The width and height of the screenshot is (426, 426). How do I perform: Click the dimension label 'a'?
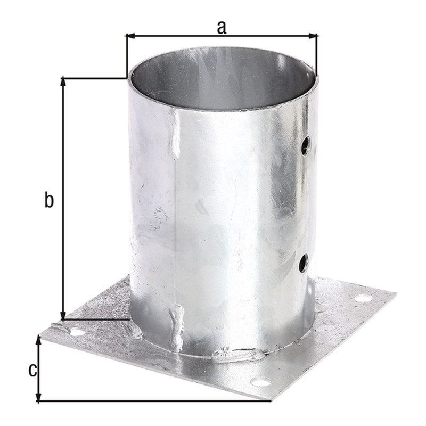coord(222,28)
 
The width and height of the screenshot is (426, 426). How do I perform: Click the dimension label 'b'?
coord(49,200)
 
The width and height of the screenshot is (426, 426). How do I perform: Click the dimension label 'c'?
coord(32,370)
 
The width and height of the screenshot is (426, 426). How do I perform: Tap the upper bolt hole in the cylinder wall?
coord(306,145)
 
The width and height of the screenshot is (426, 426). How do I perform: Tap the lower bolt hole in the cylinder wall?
coord(304,263)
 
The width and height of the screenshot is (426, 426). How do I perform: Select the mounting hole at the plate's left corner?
coord(77,332)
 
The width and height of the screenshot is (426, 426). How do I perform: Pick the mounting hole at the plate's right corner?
coord(363,298)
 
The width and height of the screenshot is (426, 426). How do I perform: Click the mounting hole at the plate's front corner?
coord(260,382)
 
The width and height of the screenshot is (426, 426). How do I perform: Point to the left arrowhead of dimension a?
coord(130,36)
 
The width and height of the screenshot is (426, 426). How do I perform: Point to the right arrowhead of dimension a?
coord(313,36)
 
